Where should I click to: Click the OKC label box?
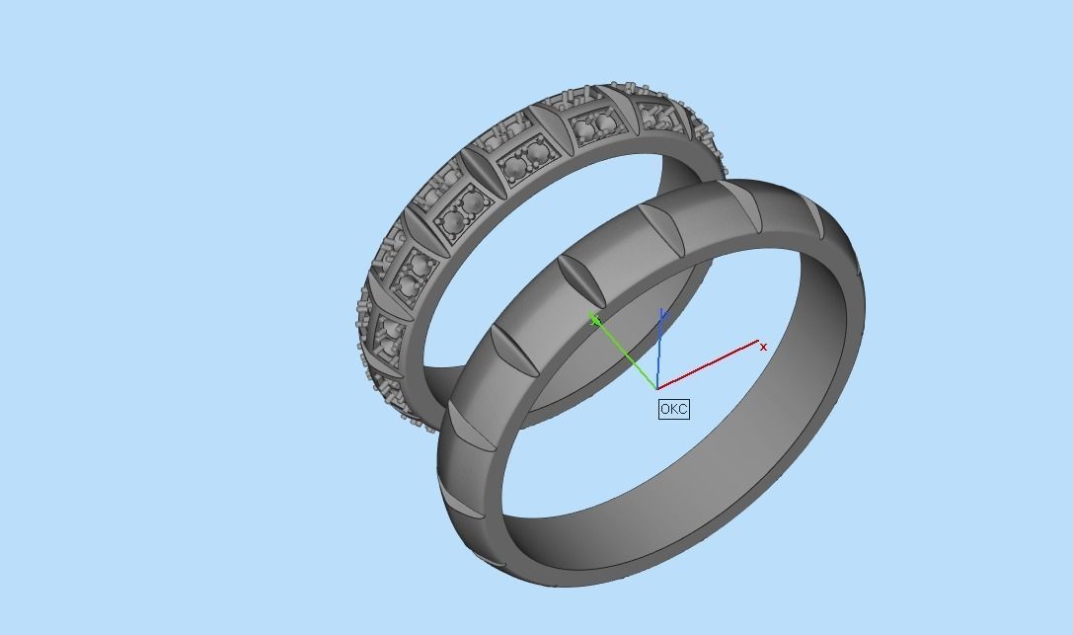pos(673,409)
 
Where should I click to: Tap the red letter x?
pos(763,347)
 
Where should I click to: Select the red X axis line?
pos(711,365)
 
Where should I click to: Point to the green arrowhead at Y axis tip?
pos(594,318)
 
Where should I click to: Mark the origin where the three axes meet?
pos(657,387)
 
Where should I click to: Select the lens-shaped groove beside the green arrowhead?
pos(581,282)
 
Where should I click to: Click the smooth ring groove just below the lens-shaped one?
pos(513,351)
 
